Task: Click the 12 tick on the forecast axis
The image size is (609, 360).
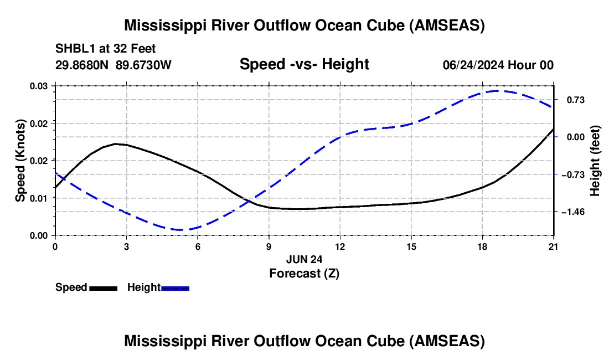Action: [x=340, y=246]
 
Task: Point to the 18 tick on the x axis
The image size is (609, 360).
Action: [x=482, y=246]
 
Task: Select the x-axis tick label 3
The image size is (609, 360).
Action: [x=127, y=246]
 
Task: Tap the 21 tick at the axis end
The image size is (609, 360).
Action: [x=553, y=246]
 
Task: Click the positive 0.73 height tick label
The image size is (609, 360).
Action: [x=576, y=100]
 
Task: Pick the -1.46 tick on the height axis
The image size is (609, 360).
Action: [x=573, y=212]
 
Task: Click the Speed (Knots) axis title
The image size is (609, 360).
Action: [x=20, y=161]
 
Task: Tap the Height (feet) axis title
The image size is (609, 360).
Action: [x=595, y=161]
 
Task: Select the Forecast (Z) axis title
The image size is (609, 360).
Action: [x=304, y=274]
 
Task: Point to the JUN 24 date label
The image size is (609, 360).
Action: [x=304, y=259]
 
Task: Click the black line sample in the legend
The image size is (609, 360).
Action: [x=104, y=288]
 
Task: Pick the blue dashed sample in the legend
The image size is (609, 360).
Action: [x=175, y=288]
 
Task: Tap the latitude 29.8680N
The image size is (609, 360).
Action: [x=82, y=65]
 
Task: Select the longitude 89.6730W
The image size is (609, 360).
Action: [x=143, y=65]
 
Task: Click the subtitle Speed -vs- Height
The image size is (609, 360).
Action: [x=304, y=64]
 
